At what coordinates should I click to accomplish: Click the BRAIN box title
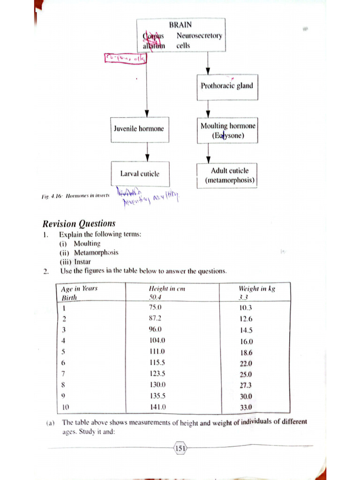[180, 25]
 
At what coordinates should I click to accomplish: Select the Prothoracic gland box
[227, 86]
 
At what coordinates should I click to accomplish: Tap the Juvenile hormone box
[139, 128]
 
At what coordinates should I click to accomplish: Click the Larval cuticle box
[140, 173]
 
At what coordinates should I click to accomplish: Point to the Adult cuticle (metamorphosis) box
[229, 175]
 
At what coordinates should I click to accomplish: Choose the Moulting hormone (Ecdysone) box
[228, 131]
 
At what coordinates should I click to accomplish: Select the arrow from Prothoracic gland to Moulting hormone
[208, 109]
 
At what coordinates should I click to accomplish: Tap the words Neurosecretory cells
[199, 41]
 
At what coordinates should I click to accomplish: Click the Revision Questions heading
[79, 224]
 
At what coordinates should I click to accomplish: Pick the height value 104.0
[157, 340]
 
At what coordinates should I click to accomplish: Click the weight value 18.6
[246, 352]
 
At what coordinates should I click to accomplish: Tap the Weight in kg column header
[257, 289]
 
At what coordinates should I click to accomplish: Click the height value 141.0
[157, 407]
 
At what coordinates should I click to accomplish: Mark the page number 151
[180, 449]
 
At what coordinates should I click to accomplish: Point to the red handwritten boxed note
[125, 59]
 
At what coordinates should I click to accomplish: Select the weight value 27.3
[246, 385]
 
